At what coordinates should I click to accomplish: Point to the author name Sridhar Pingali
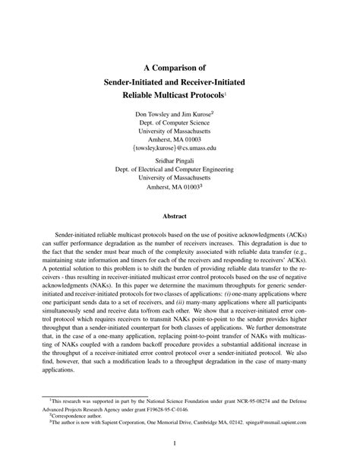pos(179,160)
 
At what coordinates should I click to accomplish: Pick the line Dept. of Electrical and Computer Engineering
pos(179,171)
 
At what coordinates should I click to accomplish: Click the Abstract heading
pos(179,215)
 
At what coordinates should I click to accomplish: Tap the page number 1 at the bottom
pos(179,442)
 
